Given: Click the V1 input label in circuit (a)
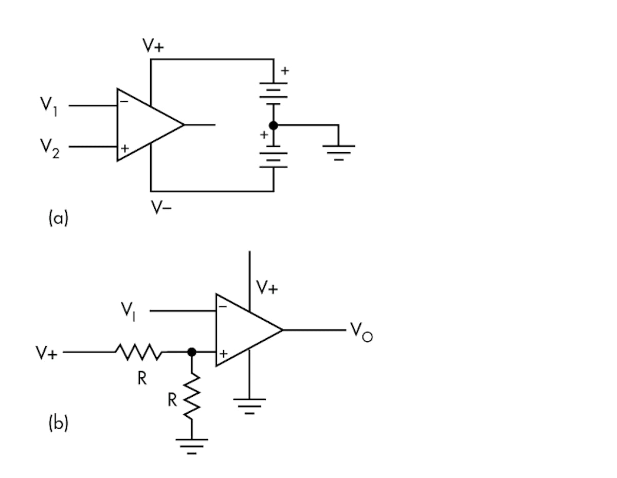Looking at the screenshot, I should [50, 106].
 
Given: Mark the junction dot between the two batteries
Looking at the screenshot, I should [274, 125].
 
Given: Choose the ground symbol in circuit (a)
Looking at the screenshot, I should [338, 152].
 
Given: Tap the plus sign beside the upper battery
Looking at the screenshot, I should [284, 71].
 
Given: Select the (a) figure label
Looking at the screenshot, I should [58, 218].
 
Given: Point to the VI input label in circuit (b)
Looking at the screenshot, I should [129, 311].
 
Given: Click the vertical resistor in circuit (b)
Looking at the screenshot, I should [192, 397].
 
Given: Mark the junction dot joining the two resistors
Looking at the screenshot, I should [192, 352].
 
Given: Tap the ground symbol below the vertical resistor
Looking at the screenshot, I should [192, 446].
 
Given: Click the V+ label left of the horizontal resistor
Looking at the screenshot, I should [46, 353].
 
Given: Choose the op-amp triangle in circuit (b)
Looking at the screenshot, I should [244, 330].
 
